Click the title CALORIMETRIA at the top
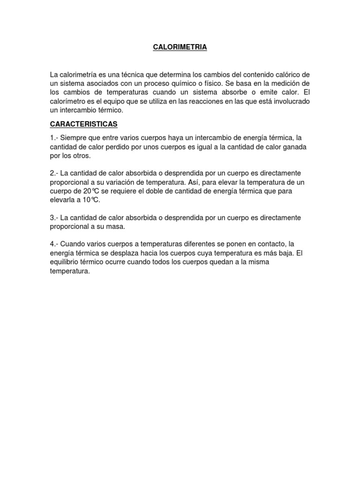[180, 47]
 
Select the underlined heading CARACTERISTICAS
[84, 124]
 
